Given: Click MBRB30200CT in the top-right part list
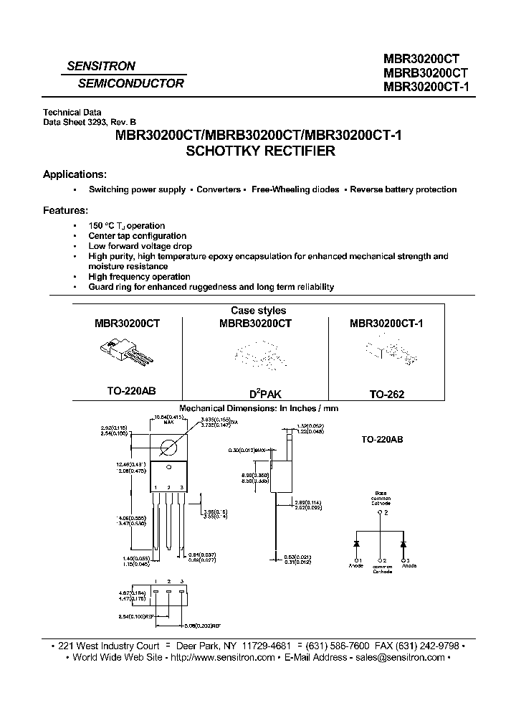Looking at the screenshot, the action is [x=426, y=74].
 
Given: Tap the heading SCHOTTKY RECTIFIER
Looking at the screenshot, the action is [x=260, y=151].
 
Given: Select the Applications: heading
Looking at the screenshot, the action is [x=75, y=174].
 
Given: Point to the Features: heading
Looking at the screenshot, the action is [x=66, y=210].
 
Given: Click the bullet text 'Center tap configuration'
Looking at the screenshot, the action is [x=137, y=236].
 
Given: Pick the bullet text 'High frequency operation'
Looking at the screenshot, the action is [x=139, y=276].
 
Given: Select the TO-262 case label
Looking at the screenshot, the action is [x=386, y=394].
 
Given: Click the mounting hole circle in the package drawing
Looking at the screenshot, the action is [x=171, y=448].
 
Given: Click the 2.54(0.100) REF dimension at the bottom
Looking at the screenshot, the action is [x=138, y=616].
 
